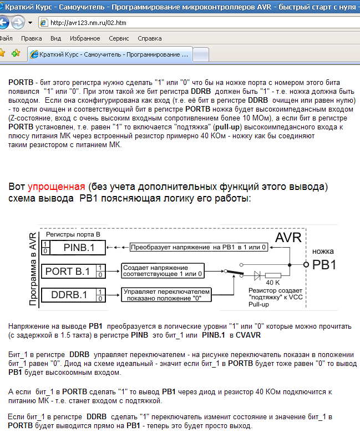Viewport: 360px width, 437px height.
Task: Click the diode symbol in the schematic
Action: coord(256,274)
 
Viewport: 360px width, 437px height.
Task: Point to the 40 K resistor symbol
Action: coord(273,274)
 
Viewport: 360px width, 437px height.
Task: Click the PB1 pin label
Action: coord(324,265)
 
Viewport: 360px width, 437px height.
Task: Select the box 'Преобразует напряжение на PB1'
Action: coord(201,247)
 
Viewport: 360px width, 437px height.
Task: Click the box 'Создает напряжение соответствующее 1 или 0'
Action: coord(163,271)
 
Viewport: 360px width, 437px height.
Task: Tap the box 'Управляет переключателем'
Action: coord(166,294)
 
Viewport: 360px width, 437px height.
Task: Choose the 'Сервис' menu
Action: coord(119,38)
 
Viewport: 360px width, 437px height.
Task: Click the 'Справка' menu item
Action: coord(149,38)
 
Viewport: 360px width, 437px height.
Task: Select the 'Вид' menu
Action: coord(55,38)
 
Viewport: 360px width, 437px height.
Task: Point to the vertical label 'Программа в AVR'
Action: coord(33,269)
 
